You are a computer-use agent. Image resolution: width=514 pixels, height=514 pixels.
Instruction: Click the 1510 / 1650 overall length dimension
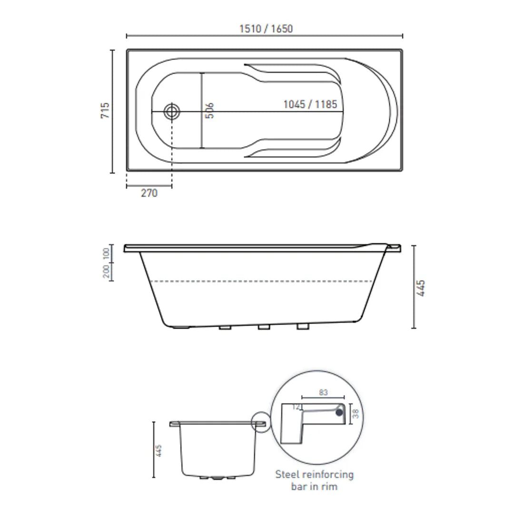click(x=266, y=29)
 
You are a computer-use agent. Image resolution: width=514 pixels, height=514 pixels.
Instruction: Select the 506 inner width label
click(x=210, y=111)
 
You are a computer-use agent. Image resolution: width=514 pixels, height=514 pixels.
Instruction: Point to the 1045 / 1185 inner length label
click(x=310, y=104)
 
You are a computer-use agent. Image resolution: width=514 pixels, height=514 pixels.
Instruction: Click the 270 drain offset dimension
click(x=149, y=193)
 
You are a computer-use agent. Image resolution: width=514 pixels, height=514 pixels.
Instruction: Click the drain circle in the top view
click(x=172, y=112)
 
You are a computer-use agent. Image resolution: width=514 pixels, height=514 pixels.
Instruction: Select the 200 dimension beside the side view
click(x=106, y=271)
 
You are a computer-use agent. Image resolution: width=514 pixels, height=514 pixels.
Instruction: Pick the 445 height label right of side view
click(x=421, y=288)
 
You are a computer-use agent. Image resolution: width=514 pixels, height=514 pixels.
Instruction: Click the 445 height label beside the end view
click(x=159, y=450)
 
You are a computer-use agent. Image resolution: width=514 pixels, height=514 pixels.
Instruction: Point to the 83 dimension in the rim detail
click(x=323, y=393)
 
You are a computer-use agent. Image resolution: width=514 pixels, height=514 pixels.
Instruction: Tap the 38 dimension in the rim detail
click(x=355, y=413)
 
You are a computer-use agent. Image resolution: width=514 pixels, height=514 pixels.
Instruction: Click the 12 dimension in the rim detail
click(x=297, y=407)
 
